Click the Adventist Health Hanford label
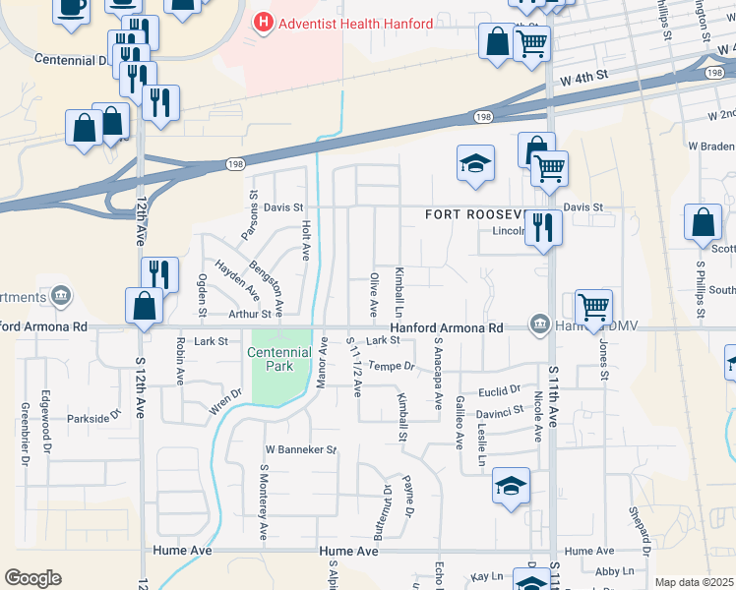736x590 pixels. [355, 24]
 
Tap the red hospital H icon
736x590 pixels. [263, 22]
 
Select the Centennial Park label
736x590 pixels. [278, 359]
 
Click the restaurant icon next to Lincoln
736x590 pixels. [542, 229]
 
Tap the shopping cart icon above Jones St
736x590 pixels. [593, 308]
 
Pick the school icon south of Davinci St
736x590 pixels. [510, 488]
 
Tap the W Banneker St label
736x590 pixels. [300, 449]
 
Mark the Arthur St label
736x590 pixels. [250, 314]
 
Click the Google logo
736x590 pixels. [32, 578]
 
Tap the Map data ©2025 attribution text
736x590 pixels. [693, 582]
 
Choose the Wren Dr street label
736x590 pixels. [225, 407]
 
